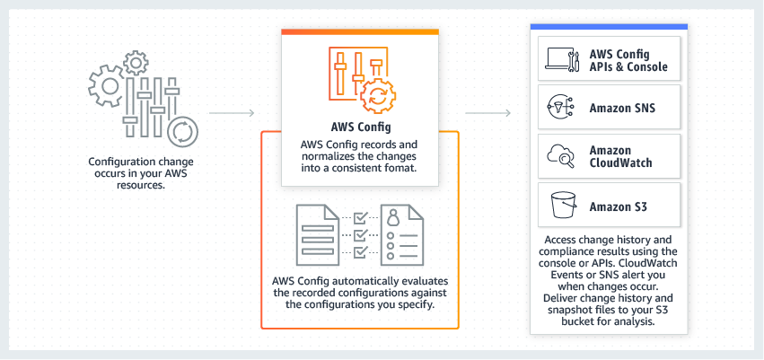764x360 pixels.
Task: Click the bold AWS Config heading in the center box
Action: tap(359, 127)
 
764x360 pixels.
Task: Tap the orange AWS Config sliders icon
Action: tap(359, 77)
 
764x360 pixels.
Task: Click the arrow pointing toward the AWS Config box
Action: tap(232, 114)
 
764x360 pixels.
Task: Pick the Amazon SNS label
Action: tap(622, 109)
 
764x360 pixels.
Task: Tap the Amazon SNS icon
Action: tap(561, 109)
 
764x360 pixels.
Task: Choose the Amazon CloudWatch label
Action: tap(623, 157)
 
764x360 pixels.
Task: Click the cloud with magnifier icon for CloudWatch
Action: tap(561, 157)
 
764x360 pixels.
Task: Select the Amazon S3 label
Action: tap(619, 206)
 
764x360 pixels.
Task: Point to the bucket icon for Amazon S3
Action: tap(561, 206)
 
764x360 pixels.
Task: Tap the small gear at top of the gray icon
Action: tap(136, 62)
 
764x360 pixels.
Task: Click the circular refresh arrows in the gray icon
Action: tap(182, 132)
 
